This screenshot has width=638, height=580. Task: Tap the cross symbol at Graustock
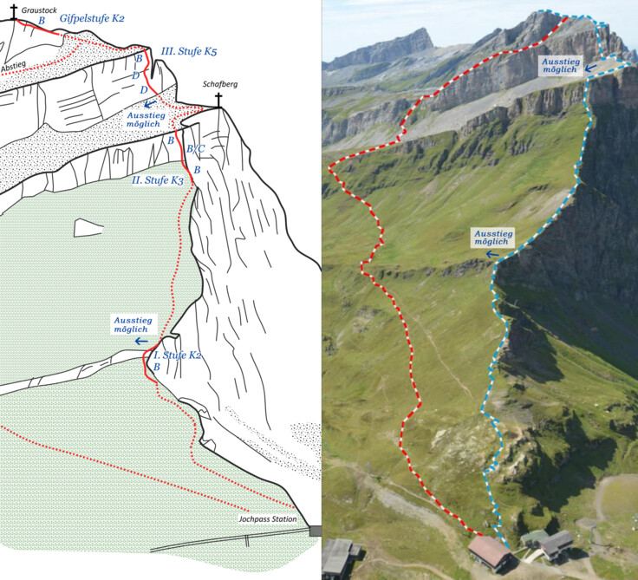click(13, 11)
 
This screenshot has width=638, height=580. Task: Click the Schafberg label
click(218, 85)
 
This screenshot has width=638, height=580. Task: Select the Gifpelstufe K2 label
click(92, 18)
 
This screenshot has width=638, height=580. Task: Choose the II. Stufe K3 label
click(157, 179)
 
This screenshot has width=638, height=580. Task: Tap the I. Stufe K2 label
click(179, 355)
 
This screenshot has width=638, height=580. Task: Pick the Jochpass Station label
click(267, 519)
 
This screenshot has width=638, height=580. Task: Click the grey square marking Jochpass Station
click(314, 531)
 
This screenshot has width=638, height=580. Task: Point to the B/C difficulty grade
click(197, 149)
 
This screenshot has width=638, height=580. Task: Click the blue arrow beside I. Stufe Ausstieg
click(140, 341)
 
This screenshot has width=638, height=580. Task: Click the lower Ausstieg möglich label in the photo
click(494, 238)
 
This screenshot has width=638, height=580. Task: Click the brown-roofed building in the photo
click(492, 552)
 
